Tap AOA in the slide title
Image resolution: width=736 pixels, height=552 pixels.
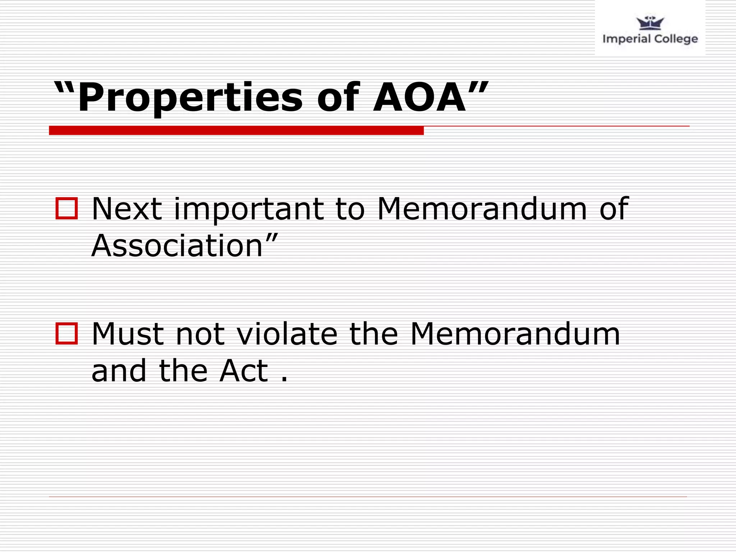coord(419,97)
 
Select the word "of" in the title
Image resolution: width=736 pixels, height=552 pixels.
coord(338,97)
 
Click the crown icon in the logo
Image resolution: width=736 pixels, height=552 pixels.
coord(650,23)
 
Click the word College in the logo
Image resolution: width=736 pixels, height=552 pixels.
coord(675,39)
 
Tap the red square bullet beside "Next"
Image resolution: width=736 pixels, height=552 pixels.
coord(66,208)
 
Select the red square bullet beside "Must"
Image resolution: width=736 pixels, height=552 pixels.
coord(66,334)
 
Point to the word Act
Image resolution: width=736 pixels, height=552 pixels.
coord(244,371)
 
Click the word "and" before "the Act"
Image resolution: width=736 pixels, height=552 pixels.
coord(119,371)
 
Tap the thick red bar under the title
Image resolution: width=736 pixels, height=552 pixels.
coord(236,130)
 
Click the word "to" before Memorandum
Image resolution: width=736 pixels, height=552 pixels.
coord(350,209)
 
